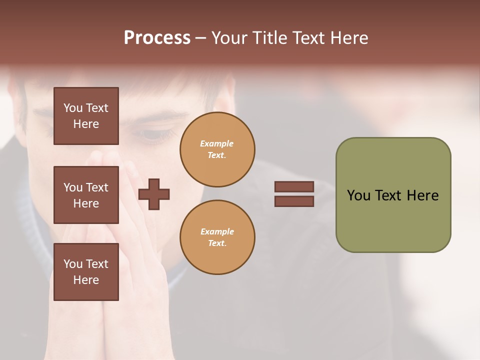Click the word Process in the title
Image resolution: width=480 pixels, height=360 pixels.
pos(157,38)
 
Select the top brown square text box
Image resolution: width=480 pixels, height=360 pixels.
pos(86,116)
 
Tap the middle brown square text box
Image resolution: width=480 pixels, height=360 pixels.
pos(86,195)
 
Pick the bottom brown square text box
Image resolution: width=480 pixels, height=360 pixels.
pos(86,272)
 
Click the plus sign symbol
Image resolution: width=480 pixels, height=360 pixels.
pos(154,194)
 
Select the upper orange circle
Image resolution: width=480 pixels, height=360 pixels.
pos(217,149)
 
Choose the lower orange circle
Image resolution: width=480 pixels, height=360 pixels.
pos(217,237)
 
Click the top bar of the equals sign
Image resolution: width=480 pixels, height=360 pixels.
pos(294,187)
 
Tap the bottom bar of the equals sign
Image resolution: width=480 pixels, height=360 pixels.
pos(294,201)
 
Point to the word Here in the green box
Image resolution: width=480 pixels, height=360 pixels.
pos(422,195)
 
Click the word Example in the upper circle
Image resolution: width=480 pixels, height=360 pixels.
pos(217,143)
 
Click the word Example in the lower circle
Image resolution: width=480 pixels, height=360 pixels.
pos(217,231)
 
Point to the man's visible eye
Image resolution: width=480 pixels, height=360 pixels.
pos(150,134)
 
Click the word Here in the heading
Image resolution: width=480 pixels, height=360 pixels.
pos(349,38)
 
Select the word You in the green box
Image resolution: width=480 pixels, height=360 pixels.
pos(358,195)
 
